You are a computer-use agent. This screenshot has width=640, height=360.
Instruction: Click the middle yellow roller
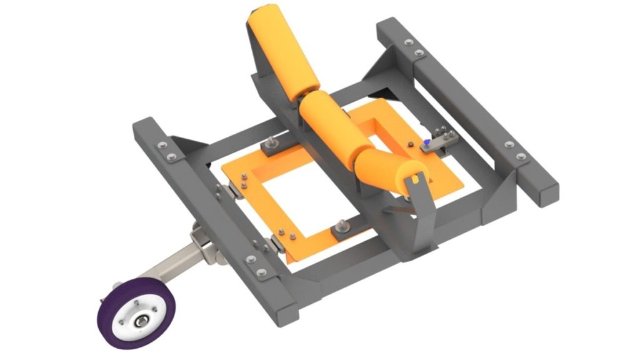click(x=327, y=125)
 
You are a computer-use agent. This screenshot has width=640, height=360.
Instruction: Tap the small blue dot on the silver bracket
click(x=426, y=142)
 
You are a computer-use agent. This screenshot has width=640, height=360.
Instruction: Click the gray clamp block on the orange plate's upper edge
click(x=272, y=147)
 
